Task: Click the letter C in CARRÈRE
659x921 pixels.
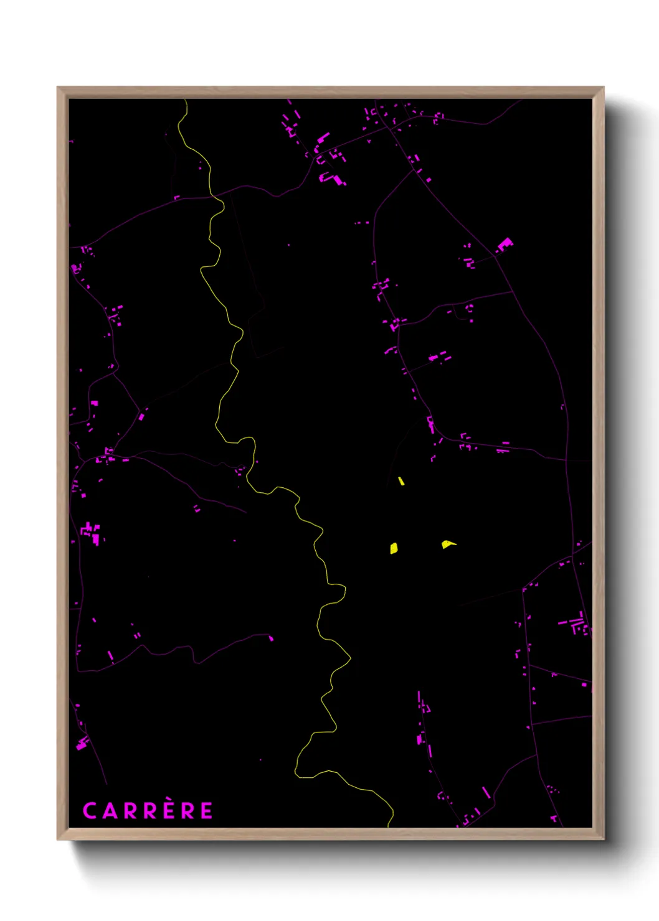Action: pos(90,811)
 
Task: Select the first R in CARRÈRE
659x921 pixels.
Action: pos(130,811)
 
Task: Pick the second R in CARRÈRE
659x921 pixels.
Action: pos(150,811)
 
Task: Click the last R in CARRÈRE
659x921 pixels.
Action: pos(187,811)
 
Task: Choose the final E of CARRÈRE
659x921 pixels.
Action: pos(207,811)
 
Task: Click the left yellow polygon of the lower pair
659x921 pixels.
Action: pos(394,548)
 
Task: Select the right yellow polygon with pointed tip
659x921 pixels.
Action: pos(447,545)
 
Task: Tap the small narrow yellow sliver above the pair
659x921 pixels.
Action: pos(401,481)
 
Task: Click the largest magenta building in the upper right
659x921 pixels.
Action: pos(505,243)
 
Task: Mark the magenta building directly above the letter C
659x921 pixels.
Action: pos(82,742)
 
